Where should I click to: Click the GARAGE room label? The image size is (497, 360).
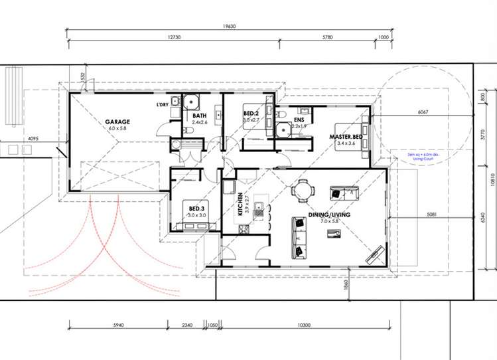(117, 122)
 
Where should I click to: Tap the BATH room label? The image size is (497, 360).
(200, 115)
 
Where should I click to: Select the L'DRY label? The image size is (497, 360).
(162, 105)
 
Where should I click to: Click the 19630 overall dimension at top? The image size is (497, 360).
(230, 27)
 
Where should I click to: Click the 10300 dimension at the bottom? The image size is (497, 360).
(305, 324)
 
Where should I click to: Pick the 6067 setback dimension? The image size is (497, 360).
(423, 112)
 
